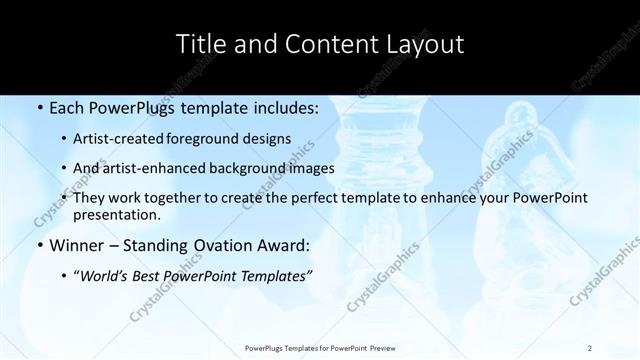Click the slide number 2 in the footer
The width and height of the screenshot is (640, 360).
590,347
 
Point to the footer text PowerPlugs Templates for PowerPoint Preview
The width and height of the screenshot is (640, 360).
319,347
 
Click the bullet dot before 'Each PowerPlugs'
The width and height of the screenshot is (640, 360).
39,107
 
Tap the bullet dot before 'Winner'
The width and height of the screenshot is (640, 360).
39,244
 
